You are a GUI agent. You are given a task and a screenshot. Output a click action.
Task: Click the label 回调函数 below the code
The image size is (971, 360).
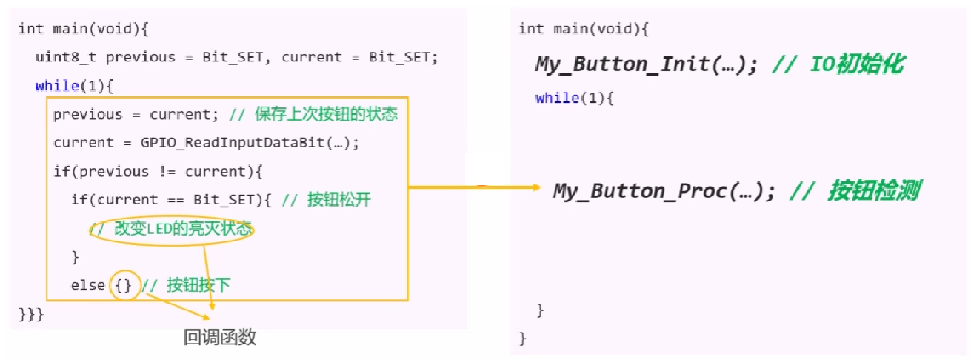220,338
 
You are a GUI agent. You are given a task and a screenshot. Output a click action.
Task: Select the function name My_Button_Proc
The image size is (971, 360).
640,191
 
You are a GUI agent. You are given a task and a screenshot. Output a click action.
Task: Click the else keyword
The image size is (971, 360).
87,285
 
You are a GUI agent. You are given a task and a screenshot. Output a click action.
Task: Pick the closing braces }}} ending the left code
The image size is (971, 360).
31,314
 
